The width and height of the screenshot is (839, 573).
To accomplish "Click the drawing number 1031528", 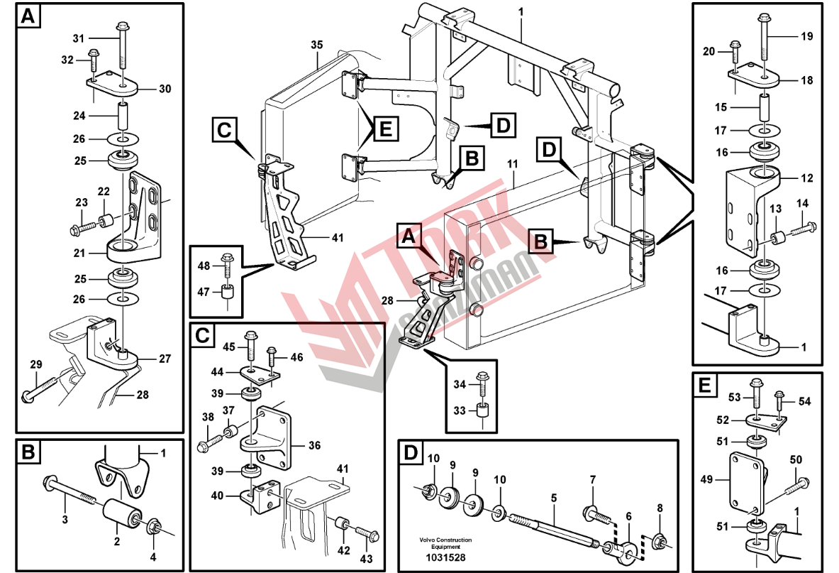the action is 445,557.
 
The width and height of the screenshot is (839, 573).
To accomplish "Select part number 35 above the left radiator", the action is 317,45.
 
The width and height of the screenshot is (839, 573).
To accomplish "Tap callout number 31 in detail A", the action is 79,38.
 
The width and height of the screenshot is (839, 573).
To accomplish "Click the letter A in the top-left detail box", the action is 27,16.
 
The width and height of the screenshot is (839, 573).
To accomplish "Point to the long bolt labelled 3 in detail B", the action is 71,492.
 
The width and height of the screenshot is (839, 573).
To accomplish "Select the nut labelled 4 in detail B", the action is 153,525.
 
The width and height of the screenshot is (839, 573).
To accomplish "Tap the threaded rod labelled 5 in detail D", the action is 554,528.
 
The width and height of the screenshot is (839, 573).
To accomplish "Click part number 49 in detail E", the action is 707,480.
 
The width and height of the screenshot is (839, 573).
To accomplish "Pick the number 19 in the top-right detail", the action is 807,36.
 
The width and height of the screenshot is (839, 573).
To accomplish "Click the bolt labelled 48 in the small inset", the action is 226,266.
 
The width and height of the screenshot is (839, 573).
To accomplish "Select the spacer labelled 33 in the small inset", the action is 483,410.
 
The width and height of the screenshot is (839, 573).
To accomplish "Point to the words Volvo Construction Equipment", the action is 445,543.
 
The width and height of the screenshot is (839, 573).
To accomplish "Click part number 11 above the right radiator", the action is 513,164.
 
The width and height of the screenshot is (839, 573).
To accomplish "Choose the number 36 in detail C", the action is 315,445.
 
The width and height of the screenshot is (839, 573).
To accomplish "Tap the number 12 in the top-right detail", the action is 807,178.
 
